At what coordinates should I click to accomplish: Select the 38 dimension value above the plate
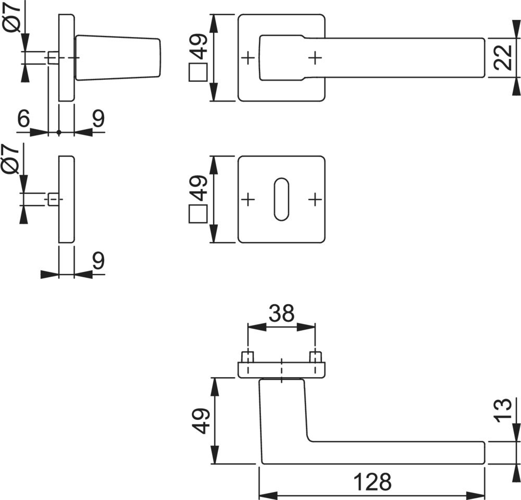pos(281,314)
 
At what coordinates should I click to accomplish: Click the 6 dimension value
pos(24,119)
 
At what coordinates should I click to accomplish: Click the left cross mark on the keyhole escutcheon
pos(249,199)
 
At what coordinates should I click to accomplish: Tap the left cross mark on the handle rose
pos(249,57)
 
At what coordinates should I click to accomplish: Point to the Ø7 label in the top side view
pos(14,18)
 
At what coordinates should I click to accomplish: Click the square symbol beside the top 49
pos(199,72)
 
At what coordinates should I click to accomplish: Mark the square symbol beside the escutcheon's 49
pos(199,214)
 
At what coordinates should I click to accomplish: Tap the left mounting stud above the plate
pos(248,357)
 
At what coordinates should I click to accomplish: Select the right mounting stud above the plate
pos(315,357)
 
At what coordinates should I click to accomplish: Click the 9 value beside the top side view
pos(98,119)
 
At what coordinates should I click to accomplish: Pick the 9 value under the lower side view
pos(98,260)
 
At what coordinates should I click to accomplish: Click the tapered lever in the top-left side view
pos(118,57)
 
